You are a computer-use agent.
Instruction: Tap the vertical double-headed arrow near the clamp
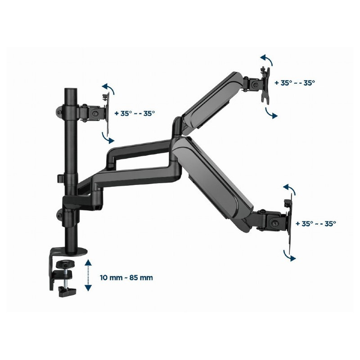point(89,275)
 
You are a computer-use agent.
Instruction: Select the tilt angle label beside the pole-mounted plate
point(135,113)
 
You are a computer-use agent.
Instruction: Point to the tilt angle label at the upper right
point(295,83)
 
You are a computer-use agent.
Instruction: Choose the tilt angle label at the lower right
point(316,223)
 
